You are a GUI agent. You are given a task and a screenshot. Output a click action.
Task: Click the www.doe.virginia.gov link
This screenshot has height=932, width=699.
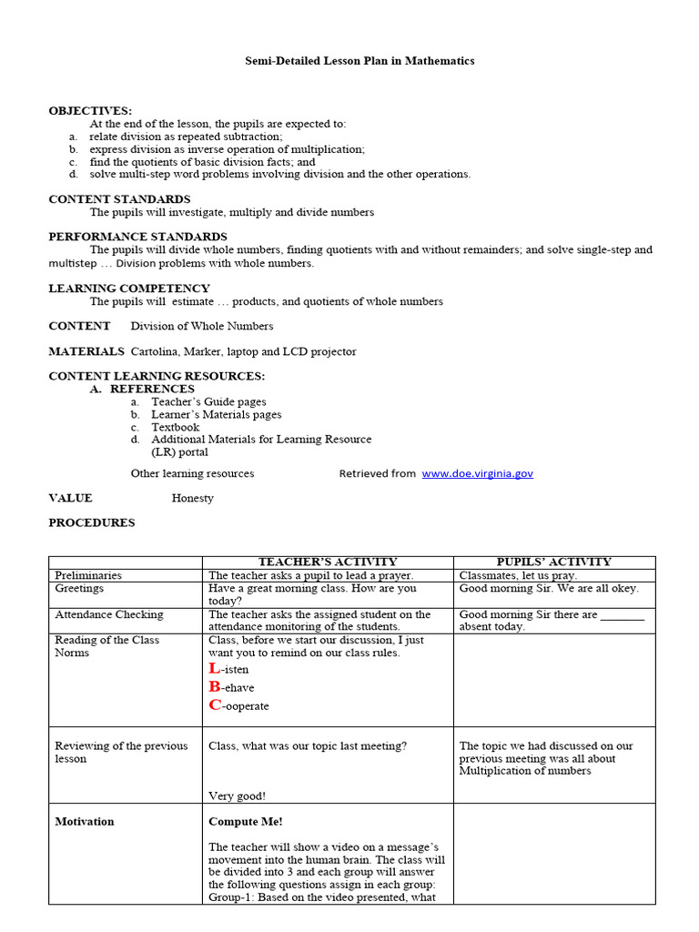[477, 473]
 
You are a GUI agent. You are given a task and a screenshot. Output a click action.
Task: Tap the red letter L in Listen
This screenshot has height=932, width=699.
[215, 669]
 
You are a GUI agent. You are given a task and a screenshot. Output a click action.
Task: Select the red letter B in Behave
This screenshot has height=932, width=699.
[215, 687]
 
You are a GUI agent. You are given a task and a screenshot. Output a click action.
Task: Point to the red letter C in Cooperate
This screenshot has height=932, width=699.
[215, 705]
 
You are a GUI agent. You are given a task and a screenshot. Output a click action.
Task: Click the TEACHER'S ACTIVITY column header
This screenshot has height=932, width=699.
[328, 562]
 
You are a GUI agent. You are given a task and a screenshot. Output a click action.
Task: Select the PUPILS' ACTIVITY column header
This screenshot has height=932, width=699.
[553, 562]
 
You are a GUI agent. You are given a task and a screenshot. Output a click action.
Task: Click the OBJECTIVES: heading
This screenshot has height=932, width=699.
[90, 111]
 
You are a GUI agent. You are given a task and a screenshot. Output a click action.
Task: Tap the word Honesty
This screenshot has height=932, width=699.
[193, 498]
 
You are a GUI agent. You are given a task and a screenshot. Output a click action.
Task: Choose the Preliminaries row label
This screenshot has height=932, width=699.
[88, 575]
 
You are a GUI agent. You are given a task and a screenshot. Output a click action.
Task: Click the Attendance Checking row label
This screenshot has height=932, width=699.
[109, 614]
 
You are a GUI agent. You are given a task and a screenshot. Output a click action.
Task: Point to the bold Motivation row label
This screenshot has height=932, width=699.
[85, 821]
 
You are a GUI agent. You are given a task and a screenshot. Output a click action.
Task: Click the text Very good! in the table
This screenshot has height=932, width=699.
[238, 795]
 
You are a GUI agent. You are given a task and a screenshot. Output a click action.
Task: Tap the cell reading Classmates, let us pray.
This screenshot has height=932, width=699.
[518, 575]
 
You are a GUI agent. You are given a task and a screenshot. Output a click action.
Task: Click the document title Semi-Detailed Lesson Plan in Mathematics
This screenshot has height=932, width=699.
[360, 61]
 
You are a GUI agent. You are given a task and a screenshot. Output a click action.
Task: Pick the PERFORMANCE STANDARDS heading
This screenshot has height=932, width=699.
[137, 237]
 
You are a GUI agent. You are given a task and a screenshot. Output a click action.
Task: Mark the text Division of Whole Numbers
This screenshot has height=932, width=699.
[202, 326]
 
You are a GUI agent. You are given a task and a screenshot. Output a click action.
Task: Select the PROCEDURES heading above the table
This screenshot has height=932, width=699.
[91, 523]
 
